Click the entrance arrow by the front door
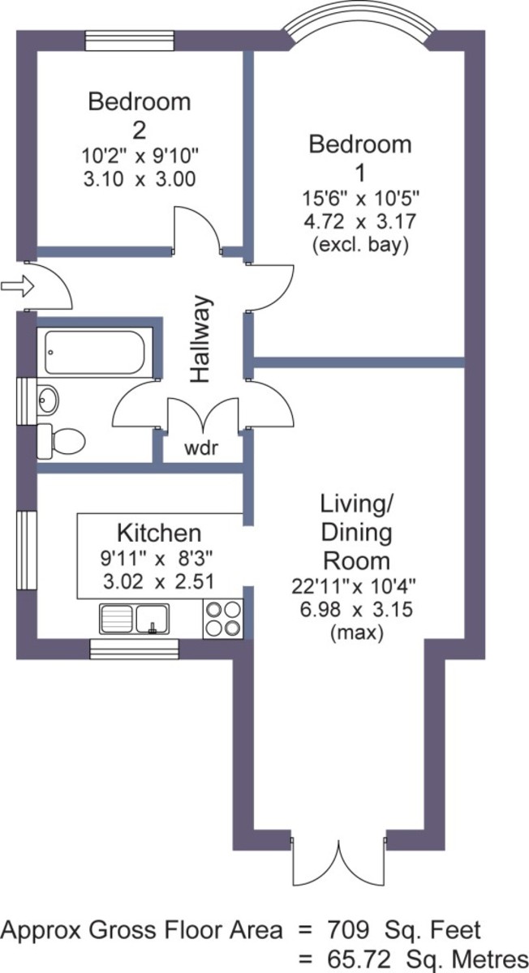tap(17, 286)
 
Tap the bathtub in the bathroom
tap(94, 353)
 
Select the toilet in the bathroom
tap(61, 441)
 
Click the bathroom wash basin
tap(47, 400)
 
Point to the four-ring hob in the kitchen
tap(223, 619)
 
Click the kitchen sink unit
tap(135, 619)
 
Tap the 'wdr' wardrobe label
tap(201, 448)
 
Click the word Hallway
tap(200, 339)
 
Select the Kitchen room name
tap(159, 533)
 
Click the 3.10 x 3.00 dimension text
tap(140, 179)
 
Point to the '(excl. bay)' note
tap(360, 246)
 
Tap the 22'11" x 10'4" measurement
tap(354, 587)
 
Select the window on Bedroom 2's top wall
tap(130, 41)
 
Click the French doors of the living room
tap(338, 860)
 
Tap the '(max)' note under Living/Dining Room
tap(357, 634)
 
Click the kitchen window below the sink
tap(135, 649)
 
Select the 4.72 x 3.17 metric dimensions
tap(360, 221)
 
